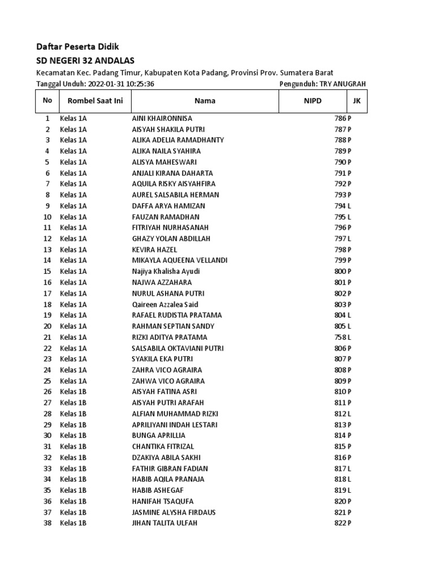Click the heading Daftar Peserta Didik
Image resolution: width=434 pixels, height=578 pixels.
[77, 46]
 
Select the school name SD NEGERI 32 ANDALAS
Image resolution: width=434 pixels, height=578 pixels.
[85, 60]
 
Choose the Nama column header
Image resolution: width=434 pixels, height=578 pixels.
[205, 101]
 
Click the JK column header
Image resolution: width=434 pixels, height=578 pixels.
[356, 100]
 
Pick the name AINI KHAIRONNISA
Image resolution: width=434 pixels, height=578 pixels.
[162, 119]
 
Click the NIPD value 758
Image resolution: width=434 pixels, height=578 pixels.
[340, 337]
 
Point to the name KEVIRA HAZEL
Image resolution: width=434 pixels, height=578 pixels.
[154, 249]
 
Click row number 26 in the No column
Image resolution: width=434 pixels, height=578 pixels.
[47, 392]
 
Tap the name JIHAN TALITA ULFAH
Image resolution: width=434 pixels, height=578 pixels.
[165, 523]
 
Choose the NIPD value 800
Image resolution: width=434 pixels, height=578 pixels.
[340, 272]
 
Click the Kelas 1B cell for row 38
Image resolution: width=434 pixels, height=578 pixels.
[73, 523]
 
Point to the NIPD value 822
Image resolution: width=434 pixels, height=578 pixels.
[340, 523]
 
